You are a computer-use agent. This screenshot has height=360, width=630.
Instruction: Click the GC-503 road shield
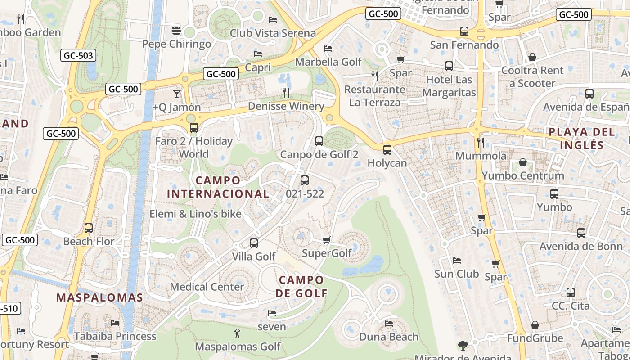pos(78,56)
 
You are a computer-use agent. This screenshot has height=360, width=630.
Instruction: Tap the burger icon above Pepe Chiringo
pos(176,31)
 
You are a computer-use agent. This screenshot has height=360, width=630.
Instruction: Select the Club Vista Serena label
pos(273,33)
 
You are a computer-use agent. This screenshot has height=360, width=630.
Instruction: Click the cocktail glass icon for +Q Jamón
pos(177,94)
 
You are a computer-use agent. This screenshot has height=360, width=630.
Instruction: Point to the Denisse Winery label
pos(286,106)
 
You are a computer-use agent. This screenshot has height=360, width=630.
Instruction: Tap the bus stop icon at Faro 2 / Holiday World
pos(193,128)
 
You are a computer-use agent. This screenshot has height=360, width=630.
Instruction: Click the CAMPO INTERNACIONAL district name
pos(218,187)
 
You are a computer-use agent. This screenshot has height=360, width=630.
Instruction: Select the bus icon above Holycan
pos(387,150)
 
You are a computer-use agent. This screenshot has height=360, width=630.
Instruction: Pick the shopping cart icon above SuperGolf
pos(327,240)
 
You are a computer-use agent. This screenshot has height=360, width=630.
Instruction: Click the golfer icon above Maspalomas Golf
pos(237,333)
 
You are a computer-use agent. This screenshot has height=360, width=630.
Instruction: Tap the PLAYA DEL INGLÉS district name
pos(582,139)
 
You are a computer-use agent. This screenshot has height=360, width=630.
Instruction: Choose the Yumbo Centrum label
pos(523,175)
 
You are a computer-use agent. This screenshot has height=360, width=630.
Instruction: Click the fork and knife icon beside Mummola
pos(481,143)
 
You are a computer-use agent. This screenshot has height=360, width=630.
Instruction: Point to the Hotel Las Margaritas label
pos(450,86)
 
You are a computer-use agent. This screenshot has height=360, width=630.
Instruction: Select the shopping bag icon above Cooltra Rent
pos(532,57)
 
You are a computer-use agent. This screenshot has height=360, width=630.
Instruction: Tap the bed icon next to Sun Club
pos(457,261)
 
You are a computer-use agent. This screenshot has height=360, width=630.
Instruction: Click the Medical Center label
pos(207,287)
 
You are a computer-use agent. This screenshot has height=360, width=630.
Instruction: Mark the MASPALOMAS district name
pos(99,297)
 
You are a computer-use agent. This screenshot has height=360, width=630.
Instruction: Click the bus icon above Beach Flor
pos(89,228)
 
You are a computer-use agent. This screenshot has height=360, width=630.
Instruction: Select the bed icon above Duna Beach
pos(389,324)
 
